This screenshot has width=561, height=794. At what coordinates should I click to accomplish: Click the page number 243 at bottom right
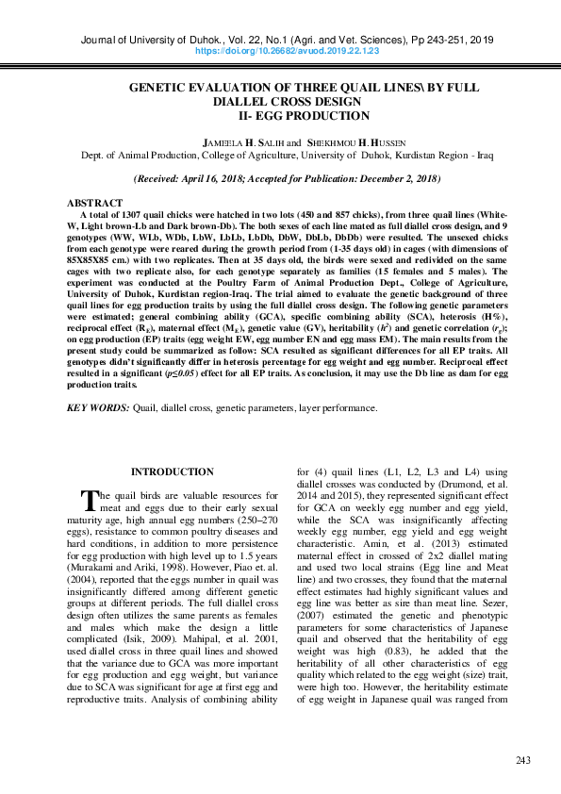pyautogui.click(x=525, y=760)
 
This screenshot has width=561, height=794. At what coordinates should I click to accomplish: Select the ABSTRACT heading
pyautogui.click(x=94, y=204)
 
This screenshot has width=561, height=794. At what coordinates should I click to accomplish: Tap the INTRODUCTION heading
pyautogui.click(x=172, y=471)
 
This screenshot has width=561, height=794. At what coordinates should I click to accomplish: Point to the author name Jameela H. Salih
pyautogui.click(x=247, y=141)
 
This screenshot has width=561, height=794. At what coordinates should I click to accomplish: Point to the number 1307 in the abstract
pyautogui.click(x=131, y=215)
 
